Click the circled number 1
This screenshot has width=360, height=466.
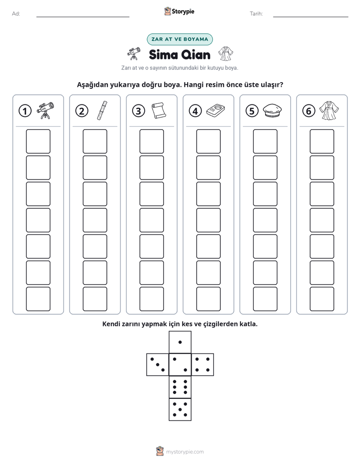[x=25, y=111]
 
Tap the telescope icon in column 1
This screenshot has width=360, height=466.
[x=45, y=110]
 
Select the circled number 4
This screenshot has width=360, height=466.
[x=195, y=111]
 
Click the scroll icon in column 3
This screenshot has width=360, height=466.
[x=159, y=110]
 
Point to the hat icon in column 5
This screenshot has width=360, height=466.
[x=272, y=110]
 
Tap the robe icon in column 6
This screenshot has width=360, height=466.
[x=329, y=110]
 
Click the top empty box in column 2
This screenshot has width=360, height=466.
[x=95, y=141]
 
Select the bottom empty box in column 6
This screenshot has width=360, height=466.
[x=322, y=299]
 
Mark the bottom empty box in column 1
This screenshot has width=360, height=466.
[x=38, y=299]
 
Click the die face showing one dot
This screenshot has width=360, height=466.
[x=180, y=342]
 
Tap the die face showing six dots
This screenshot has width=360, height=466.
[x=180, y=387]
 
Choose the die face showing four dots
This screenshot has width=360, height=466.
[x=203, y=364]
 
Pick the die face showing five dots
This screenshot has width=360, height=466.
[x=180, y=409]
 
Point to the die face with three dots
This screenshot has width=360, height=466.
[x=157, y=364]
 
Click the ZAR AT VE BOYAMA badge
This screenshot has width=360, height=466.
[x=179, y=39]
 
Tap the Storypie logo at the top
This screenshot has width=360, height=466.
[x=179, y=11]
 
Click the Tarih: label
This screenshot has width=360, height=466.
[x=256, y=14]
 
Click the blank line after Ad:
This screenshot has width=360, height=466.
[x=83, y=17]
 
